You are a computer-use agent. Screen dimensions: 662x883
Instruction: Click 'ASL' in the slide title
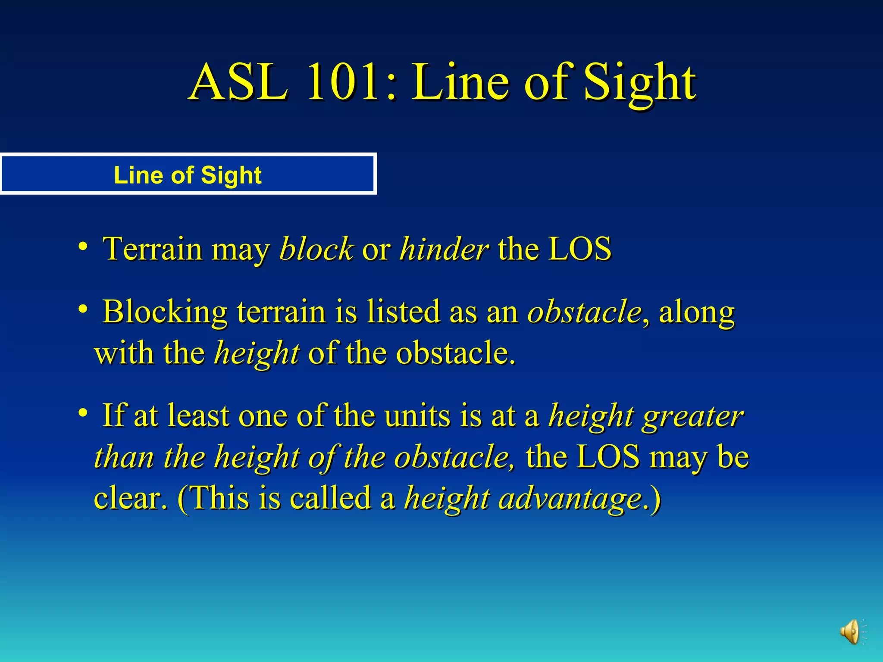pyautogui.click(x=238, y=82)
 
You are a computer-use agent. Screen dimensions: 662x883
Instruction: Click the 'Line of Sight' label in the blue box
pyautogui.click(x=188, y=175)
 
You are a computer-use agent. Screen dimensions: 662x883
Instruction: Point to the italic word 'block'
pyautogui.click(x=316, y=249)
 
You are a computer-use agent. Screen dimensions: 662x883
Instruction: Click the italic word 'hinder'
pyautogui.click(x=444, y=249)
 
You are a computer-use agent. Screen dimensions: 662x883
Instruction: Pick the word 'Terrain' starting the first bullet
pyautogui.click(x=152, y=249)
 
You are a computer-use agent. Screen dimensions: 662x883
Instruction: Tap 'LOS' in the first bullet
pyautogui.click(x=579, y=249)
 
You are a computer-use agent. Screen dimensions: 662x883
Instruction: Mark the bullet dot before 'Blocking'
pyautogui.click(x=83, y=309)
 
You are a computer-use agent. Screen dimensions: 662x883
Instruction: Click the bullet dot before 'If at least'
pyautogui.click(x=83, y=413)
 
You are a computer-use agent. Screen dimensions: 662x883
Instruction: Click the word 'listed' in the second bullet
pyautogui.click(x=403, y=312)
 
